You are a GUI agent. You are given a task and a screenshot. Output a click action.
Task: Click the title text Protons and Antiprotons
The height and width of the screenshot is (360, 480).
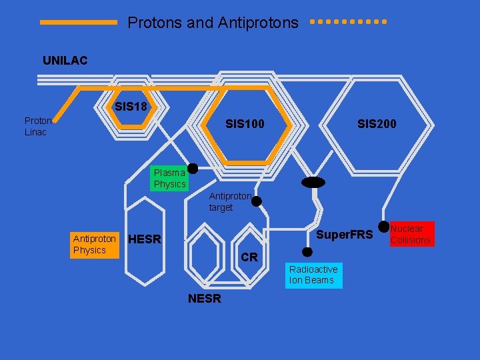click(x=213, y=23)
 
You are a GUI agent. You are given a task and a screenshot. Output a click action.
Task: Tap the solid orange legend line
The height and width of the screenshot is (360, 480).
click(x=78, y=22)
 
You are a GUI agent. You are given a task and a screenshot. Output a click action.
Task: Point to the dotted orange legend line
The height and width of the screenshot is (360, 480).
click(x=349, y=21)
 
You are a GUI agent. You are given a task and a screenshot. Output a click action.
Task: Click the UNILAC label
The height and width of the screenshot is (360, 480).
click(x=65, y=61)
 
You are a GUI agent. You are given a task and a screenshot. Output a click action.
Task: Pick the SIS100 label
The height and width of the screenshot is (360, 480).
click(x=245, y=124)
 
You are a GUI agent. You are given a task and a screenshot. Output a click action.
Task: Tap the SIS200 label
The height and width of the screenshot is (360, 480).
click(x=377, y=124)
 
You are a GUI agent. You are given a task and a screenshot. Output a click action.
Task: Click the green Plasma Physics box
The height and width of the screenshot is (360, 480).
click(x=169, y=179)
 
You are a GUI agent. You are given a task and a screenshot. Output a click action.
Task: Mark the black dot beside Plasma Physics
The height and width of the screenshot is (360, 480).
click(x=192, y=169)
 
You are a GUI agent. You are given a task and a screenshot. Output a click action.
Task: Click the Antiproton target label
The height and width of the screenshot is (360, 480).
click(x=230, y=202)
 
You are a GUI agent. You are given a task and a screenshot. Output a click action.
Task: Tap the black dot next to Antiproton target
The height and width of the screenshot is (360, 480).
click(x=256, y=201)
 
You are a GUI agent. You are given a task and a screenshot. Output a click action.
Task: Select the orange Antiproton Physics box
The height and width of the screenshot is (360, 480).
click(x=95, y=244)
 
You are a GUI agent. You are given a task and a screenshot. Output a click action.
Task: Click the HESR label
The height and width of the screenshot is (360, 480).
click(x=144, y=239)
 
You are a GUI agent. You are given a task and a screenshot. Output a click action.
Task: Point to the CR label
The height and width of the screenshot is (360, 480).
click(x=249, y=257)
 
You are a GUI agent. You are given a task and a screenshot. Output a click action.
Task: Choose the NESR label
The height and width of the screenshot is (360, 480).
click(x=204, y=299)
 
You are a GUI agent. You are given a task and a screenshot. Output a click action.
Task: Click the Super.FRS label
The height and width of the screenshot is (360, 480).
click(x=344, y=235)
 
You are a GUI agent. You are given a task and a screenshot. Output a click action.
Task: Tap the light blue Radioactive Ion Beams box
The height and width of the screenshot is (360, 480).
click(x=313, y=275)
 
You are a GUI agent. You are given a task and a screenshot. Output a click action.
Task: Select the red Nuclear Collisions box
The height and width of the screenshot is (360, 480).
click(x=411, y=234)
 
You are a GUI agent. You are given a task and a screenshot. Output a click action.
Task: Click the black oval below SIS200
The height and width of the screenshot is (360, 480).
click(x=313, y=182)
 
